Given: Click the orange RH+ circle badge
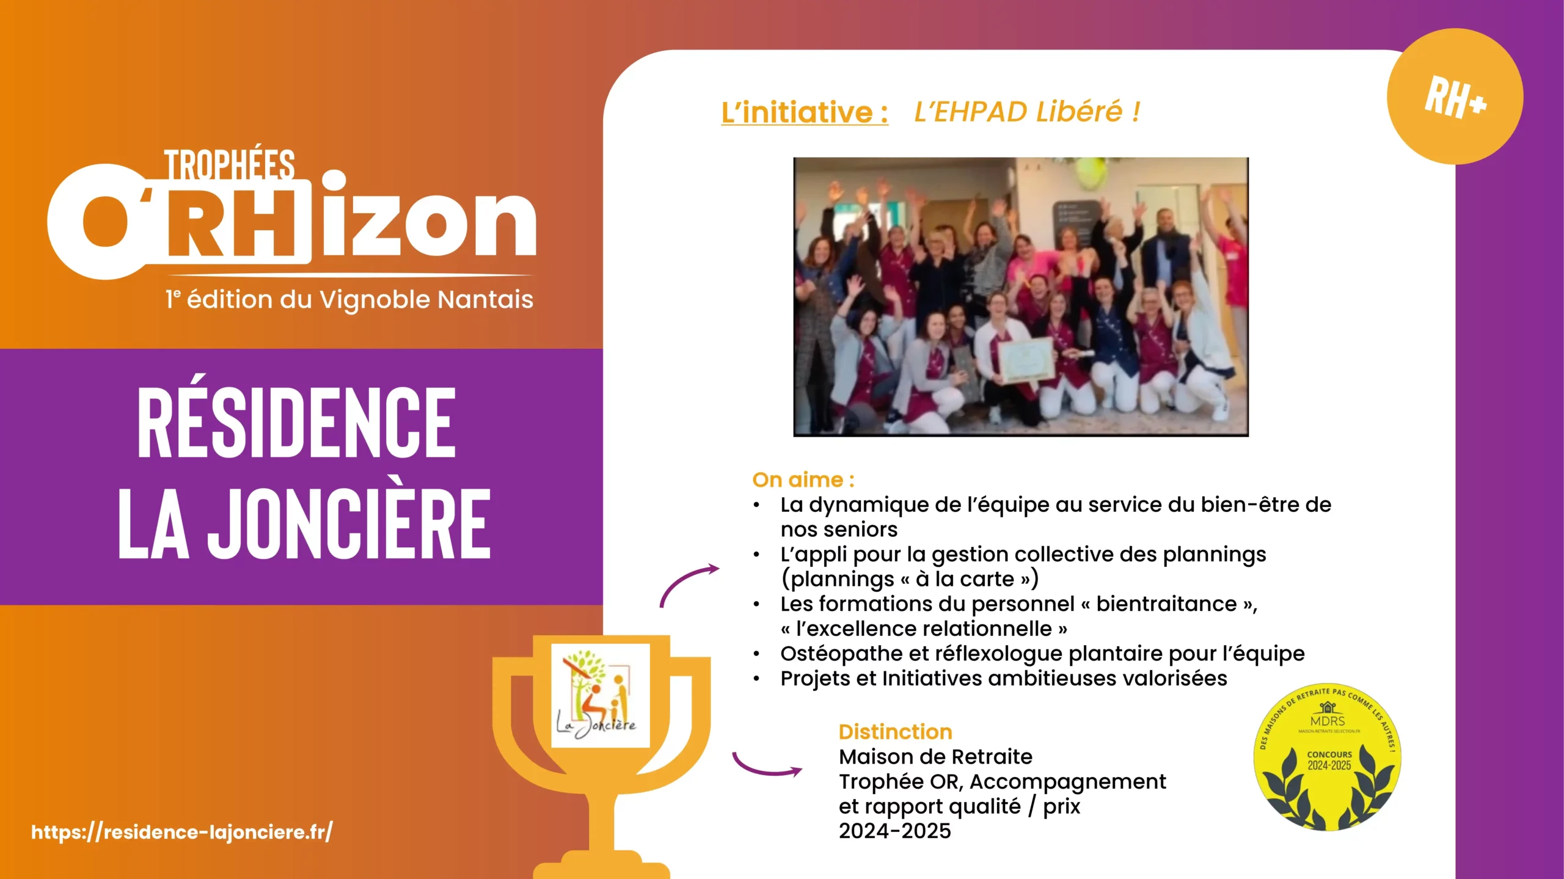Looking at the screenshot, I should (1454, 97).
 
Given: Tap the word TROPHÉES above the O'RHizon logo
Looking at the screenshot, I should (229, 165).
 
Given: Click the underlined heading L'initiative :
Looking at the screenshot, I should (804, 112).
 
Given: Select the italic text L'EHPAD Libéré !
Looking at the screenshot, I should (1026, 111).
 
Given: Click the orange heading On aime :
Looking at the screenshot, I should (803, 480).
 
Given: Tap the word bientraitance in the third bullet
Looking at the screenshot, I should (1166, 604).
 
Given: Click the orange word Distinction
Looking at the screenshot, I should (895, 732).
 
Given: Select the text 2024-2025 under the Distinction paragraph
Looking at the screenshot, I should (894, 831).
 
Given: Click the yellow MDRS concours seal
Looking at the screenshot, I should (1327, 757).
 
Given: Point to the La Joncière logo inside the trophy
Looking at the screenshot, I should (600, 695).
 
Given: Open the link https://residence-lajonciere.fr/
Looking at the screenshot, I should (182, 832).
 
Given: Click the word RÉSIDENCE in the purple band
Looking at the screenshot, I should (296, 423).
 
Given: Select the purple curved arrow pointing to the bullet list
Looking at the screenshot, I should (688, 583).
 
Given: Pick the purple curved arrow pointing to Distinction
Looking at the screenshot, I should (766, 767).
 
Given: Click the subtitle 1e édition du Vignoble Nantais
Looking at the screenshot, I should (349, 300).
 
